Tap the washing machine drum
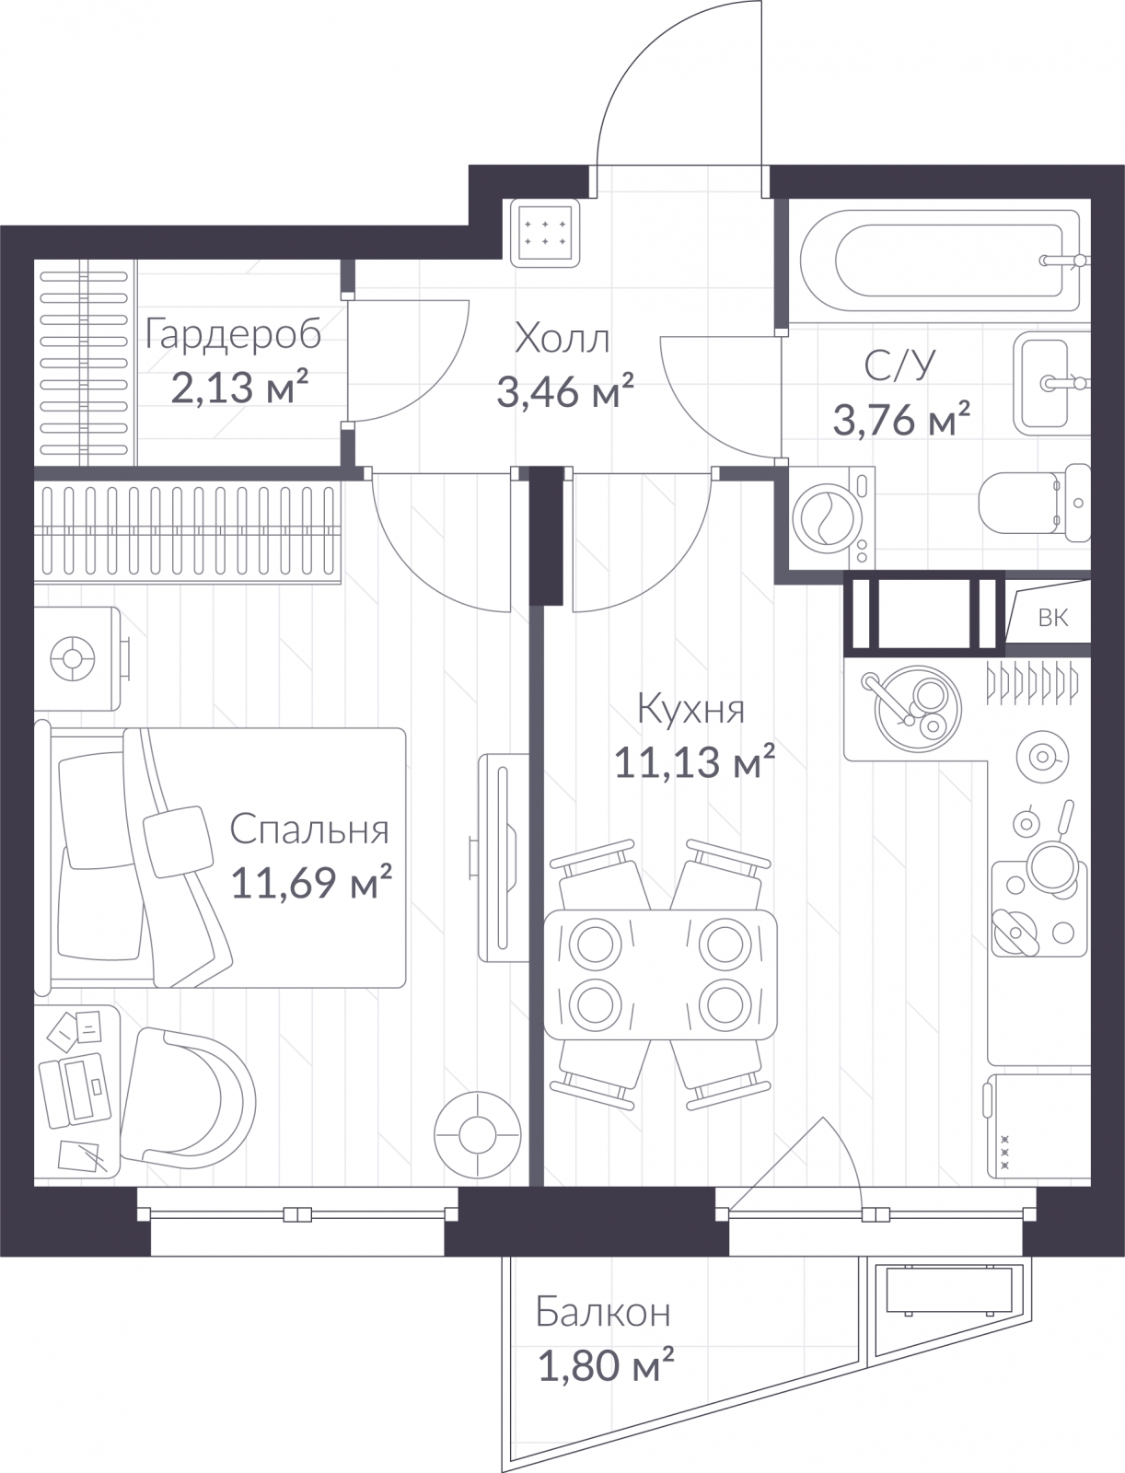(827, 518)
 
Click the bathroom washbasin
(1051, 383)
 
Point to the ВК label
(1052, 618)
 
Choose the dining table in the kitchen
(660, 974)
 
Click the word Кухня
(691, 709)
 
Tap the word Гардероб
(234, 334)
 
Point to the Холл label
(562, 339)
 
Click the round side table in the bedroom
(477, 1135)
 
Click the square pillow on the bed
(178, 841)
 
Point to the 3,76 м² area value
(901, 419)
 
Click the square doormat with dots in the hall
(545, 233)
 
